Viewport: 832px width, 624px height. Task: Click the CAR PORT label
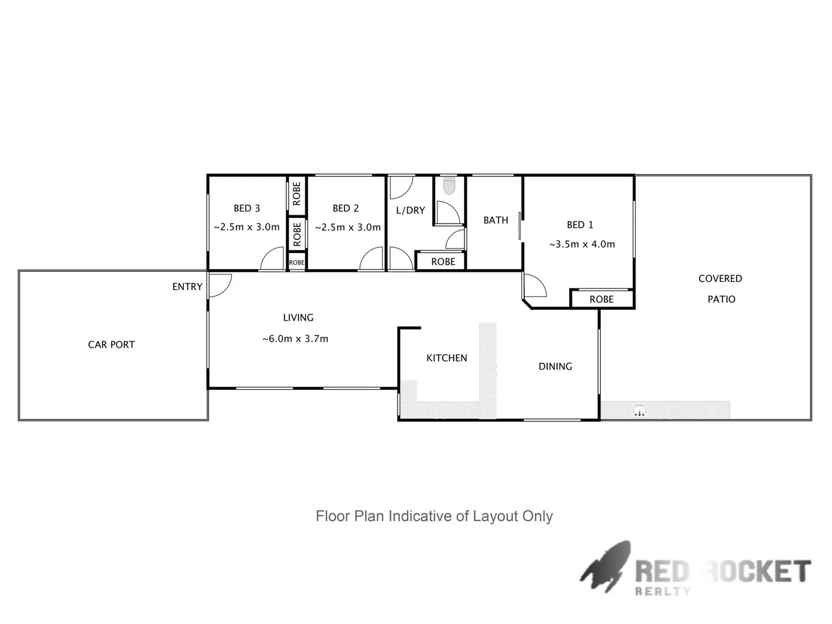click(x=111, y=345)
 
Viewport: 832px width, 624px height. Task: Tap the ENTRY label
click(x=187, y=287)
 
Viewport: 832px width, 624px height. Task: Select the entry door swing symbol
click(x=220, y=285)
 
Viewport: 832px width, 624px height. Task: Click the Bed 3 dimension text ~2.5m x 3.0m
click(x=247, y=227)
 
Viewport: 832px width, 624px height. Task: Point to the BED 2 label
click(x=346, y=209)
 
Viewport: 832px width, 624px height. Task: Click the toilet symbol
click(x=449, y=186)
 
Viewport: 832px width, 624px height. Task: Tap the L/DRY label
click(x=410, y=210)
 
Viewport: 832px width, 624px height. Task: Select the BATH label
click(x=496, y=220)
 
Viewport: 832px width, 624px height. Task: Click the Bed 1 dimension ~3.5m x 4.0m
click(x=582, y=244)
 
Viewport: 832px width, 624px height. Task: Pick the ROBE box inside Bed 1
click(x=601, y=299)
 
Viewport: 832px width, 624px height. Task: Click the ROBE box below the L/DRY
click(x=443, y=262)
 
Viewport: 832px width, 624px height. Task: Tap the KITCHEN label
click(x=447, y=358)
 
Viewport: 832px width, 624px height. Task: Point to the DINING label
click(x=555, y=366)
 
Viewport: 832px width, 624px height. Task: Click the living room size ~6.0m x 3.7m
click(x=295, y=339)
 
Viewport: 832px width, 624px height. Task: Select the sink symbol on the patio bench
click(x=639, y=411)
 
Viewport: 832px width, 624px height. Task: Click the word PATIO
click(x=721, y=299)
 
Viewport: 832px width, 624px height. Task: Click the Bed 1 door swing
click(x=534, y=285)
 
